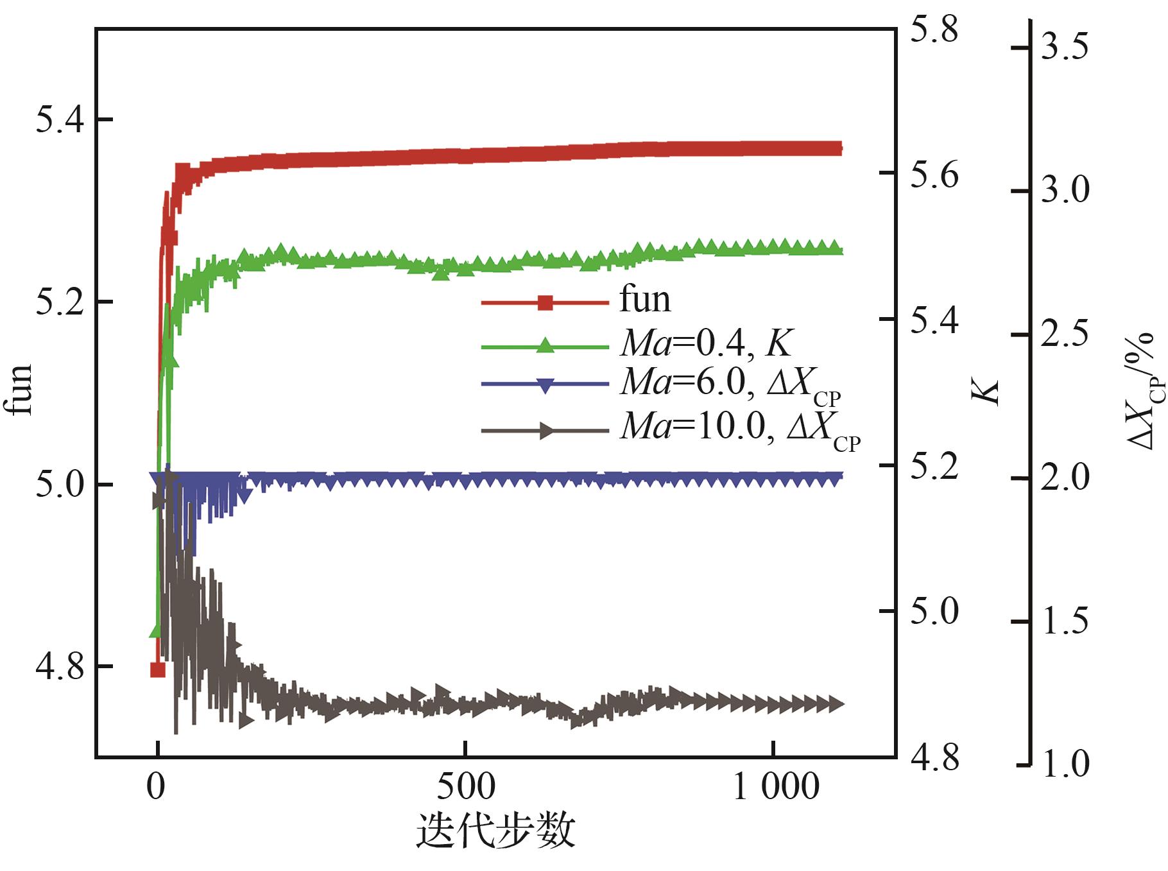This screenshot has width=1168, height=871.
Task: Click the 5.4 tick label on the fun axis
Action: (56, 121)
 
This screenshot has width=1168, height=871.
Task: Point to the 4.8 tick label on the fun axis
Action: (56, 667)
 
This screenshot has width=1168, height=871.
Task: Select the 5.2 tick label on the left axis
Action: (56, 303)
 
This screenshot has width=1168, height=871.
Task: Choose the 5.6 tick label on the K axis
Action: (934, 175)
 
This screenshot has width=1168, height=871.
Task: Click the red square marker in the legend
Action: (545, 302)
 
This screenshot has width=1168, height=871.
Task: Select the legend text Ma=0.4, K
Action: (706, 345)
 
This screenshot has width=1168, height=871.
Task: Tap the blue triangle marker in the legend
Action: (545, 386)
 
